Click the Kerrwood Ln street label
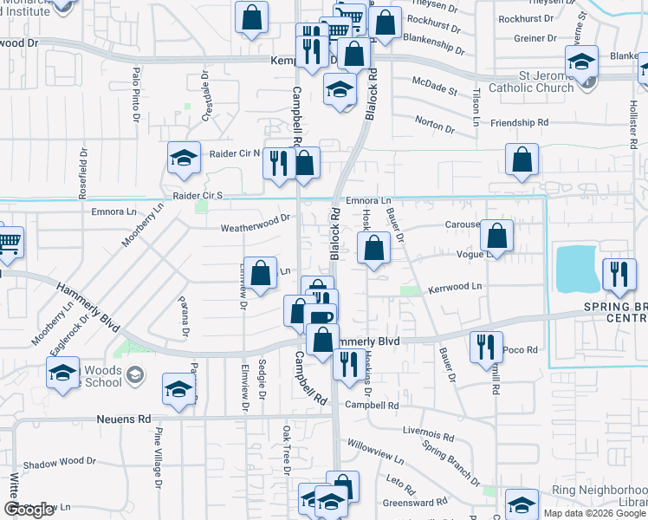pyautogui.click(x=454, y=286)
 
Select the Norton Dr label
pyautogui.click(x=434, y=125)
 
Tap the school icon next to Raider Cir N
pyautogui.click(x=184, y=157)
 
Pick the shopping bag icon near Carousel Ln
pyautogui.click(x=496, y=234)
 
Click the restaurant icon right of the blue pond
pyautogui.click(x=618, y=273)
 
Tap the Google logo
pyautogui.click(x=29, y=510)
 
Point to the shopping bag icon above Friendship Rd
pyautogui.click(x=522, y=159)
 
